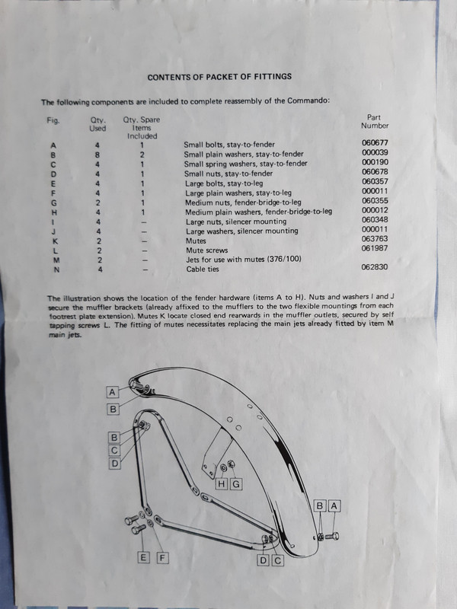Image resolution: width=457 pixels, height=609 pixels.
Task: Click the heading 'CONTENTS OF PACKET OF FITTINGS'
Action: [219, 77]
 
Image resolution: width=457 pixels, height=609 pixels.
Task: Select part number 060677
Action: [375, 143]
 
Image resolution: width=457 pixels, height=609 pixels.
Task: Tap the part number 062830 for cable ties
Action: [375, 267]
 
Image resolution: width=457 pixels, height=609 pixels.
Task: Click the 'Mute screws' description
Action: [206, 250]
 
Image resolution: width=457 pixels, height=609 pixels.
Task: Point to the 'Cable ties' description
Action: [203, 269]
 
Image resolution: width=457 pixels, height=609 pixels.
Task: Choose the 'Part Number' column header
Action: [375, 121]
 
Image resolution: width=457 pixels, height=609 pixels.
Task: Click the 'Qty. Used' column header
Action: [97, 124]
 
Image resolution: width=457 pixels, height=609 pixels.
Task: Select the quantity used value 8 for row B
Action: [97, 155]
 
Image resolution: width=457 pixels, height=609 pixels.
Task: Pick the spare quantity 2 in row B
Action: [142, 155]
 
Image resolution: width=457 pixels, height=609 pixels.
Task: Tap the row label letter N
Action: [56, 269]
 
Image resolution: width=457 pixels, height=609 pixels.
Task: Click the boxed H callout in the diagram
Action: [222, 484]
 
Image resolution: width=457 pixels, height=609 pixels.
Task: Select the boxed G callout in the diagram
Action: [236, 484]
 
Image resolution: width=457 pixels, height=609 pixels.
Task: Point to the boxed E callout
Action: [143, 558]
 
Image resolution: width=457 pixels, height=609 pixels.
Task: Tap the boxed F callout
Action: [162, 558]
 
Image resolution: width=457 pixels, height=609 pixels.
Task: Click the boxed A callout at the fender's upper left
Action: [112, 392]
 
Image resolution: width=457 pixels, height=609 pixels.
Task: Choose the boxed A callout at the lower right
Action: [334, 506]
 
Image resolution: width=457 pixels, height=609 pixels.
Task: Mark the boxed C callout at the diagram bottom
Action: [278, 560]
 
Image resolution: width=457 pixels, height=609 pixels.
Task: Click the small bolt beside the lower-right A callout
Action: [332, 537]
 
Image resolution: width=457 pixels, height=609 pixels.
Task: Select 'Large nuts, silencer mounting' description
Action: [236, 222]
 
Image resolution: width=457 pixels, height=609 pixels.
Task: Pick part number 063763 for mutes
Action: [375, 239]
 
